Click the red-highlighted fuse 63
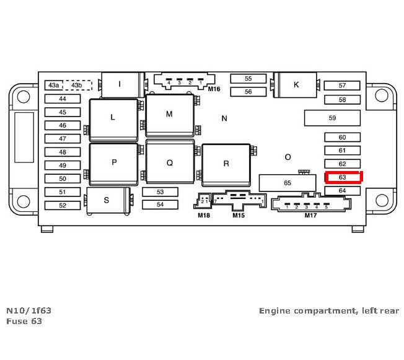click(343, 177)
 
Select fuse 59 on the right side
click(332, 118)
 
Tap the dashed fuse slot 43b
click(77, 85)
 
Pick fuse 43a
click(54, 85)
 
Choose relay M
click(169, 115)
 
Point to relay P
click(114, 163)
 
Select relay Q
click(170, 163)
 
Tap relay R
click(226, 164)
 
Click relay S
click(107, 200)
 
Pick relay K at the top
click(296, 84)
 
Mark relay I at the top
click(120, 84)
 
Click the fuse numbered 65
click(288, 183)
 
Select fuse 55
click(248, 79)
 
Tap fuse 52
click(62, 205)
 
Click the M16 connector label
click(214, 89)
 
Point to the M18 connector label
click(204, 216)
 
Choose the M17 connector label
click(310, 216)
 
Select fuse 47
click(62, 139)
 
